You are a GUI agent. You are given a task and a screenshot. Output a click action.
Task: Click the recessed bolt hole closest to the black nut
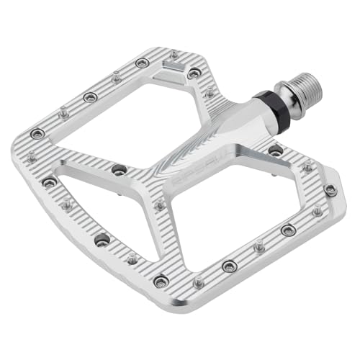[x=276, y=150]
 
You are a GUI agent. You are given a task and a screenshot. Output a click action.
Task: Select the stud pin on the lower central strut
[x=159, y=206]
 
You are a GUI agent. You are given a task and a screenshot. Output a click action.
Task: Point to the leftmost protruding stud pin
[x=31, y=156]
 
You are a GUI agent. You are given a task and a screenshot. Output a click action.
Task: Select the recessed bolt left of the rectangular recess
[x=142, y=63]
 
